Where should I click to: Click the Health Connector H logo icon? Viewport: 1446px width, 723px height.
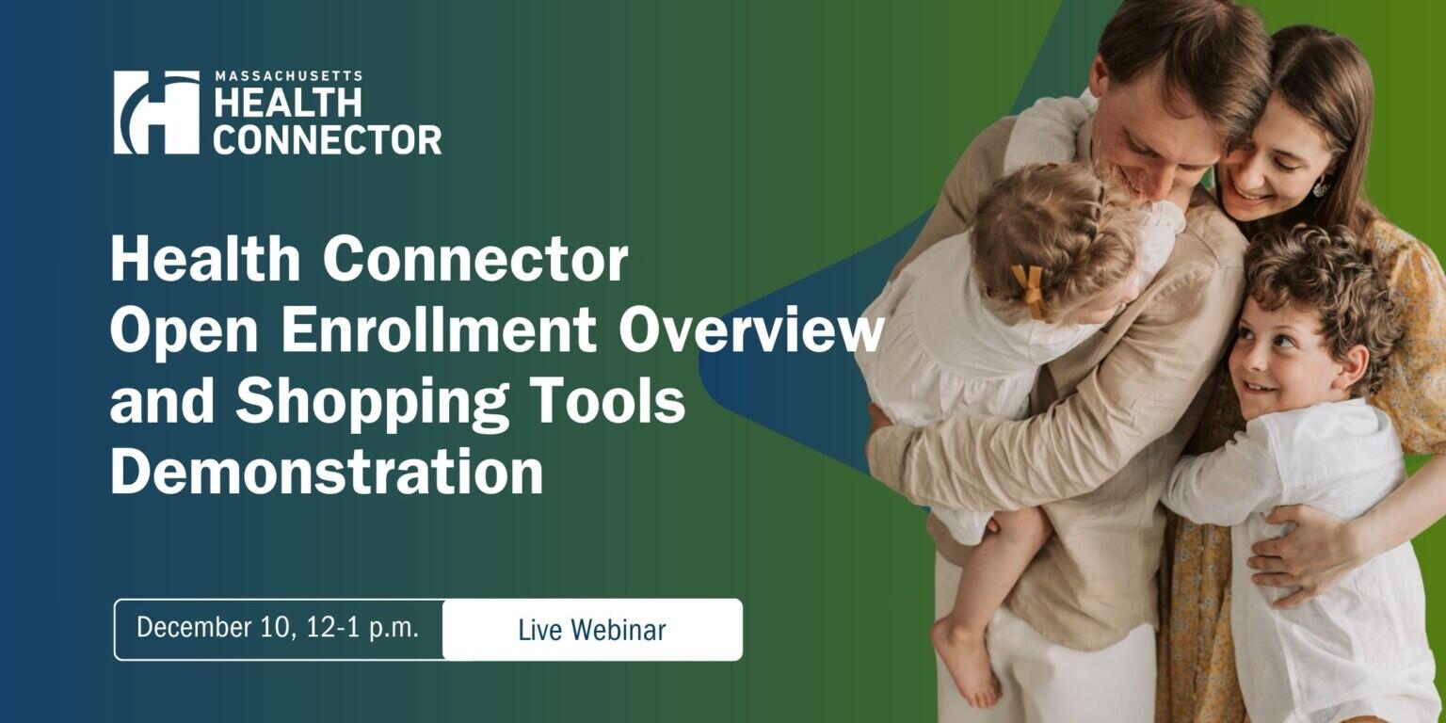click(x=156, y=112)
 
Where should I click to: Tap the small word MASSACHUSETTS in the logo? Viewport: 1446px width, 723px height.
click(x=288, y=76)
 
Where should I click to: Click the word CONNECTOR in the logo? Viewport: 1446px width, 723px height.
click(x=327, y=139)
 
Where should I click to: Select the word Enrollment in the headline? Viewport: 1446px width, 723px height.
click(x=442, y=329)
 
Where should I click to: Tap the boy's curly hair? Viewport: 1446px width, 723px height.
click(x=1318, y=273)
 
